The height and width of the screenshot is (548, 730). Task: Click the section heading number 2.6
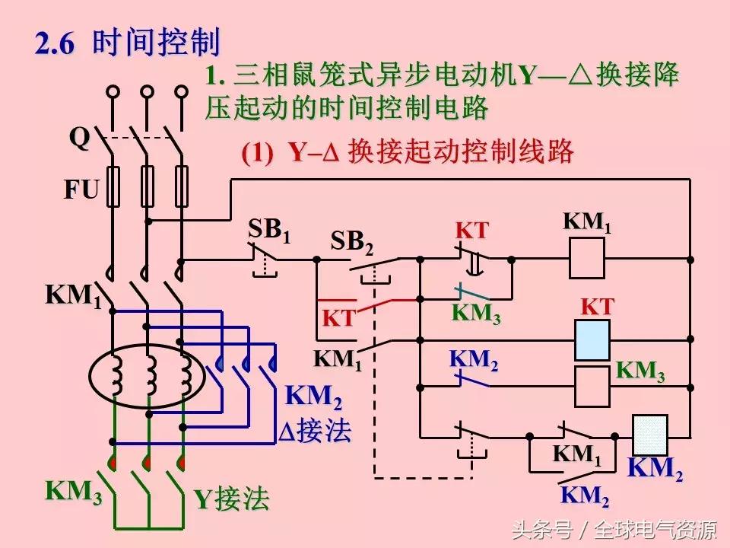[56, 43]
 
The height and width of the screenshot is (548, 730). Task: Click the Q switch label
[80, 139]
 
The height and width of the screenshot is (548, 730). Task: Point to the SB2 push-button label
[352, 242]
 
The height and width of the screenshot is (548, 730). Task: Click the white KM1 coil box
[587, 258]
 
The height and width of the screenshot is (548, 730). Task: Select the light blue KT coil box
[592, 339]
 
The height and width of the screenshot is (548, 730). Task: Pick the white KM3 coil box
[592, 386]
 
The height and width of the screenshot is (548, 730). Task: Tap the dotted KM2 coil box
[650, 435]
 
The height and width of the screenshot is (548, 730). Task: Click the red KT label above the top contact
[471, 231]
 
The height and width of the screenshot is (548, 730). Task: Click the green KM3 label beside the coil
[640, 371]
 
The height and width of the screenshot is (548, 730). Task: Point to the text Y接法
[231, 499]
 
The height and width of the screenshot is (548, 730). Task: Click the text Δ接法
[314, 432]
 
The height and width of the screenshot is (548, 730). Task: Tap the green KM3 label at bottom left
[74, 492]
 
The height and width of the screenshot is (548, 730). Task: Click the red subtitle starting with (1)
[407, 152]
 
